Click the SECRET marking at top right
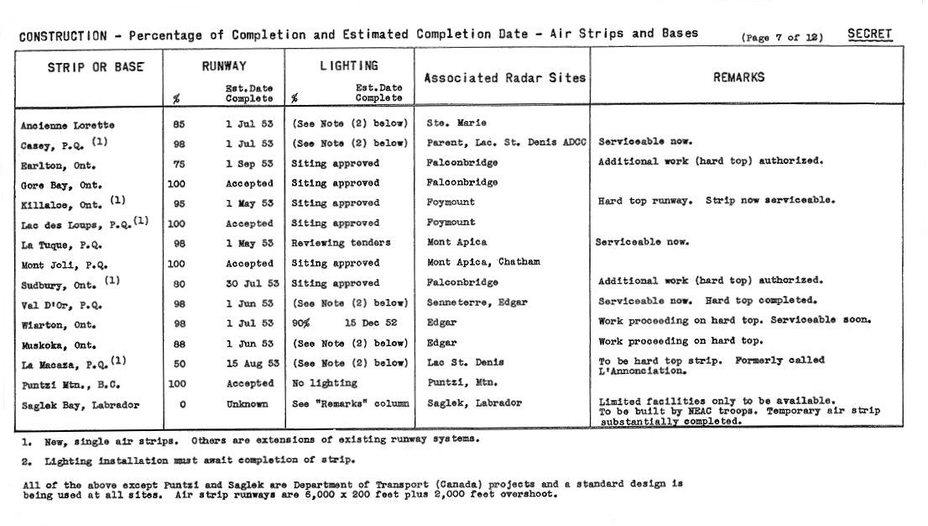pyautogui.click(x=869, y=34)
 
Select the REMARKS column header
pyautogui.click(x=738, y=77)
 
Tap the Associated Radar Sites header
pyautogui.click(x=504, y=78)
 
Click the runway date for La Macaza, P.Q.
pyautogui.click(x=249, y=363)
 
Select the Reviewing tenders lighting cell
pyautogui.click(x=341, y=243)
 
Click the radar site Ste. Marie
pyautogui.click(x=456, y=124)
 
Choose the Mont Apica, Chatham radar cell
pyautogui.click(x=483, y=262)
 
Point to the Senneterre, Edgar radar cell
pyautogui.click(x=477, y=302)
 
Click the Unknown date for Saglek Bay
pyautogui.click(x=248, y=404)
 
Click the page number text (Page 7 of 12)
pyautogui.click(x=782, y=38)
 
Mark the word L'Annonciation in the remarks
pyautogui.click(x=642, y=371)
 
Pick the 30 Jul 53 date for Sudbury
pyautogui.click(x=249, y=283)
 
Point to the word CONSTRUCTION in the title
pyautogui.click(x=63, y=36)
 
